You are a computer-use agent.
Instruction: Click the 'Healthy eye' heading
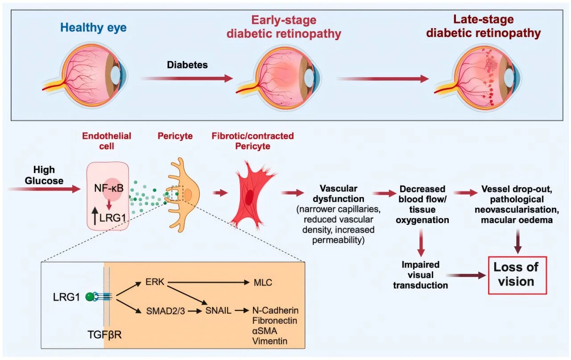94,28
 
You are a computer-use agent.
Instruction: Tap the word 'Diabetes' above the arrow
187,65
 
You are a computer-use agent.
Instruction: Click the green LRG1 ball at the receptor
91,296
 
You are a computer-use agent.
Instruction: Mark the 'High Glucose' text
44,175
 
